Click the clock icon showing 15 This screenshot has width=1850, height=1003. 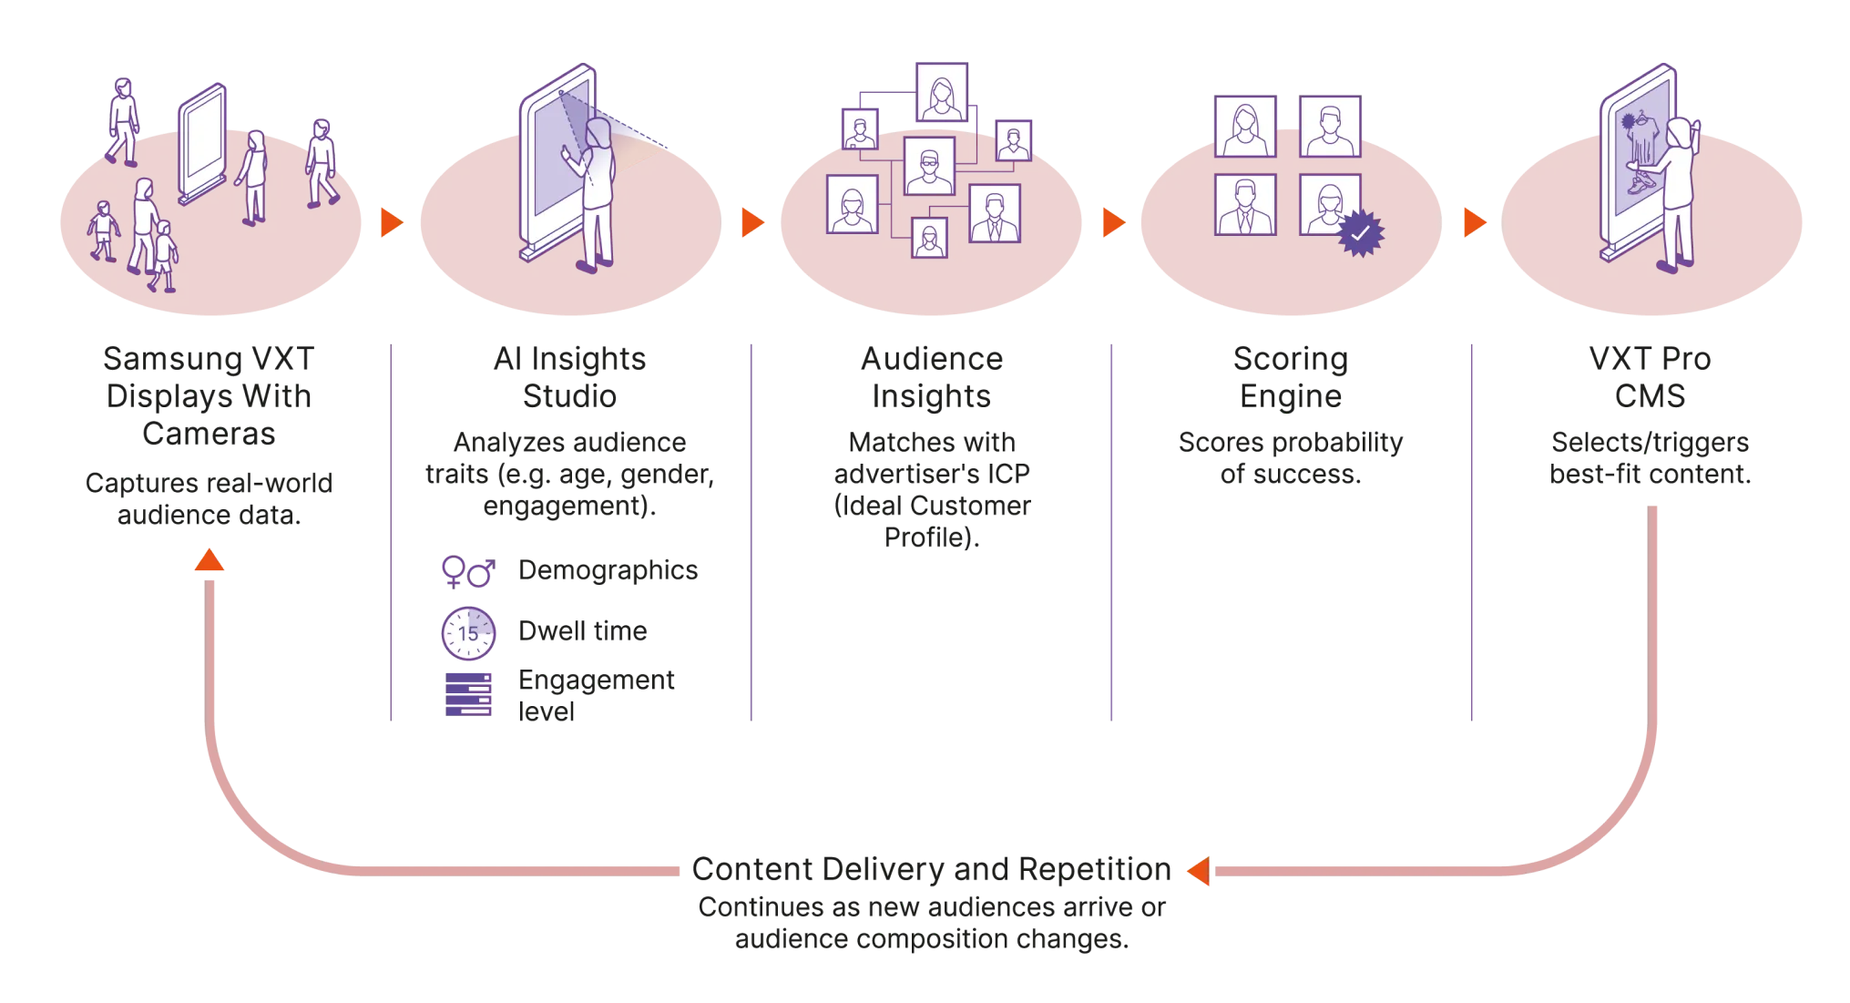[x=467, y=632]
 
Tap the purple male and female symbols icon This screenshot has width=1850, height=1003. [x=467, y=571]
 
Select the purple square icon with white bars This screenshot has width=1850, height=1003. [x=469, y=696]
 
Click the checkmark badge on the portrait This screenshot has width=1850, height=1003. [x=1359, y=233]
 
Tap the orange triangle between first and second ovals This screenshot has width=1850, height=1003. [x=392, y=221]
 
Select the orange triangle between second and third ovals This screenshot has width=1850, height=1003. [x=752, y=221]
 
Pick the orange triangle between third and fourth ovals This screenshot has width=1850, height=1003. [x=1112, y=221]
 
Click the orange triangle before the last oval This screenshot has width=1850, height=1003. [x=1473, y=221]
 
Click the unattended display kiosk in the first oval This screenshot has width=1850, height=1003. [x=201, y=144]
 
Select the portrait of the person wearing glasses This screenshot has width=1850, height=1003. [x=928, y=166]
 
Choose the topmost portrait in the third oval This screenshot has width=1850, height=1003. [x=942, y=91]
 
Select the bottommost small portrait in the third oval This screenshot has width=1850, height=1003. [x=929, y=239]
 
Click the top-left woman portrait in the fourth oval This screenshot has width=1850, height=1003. [x=1245, y=127]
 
